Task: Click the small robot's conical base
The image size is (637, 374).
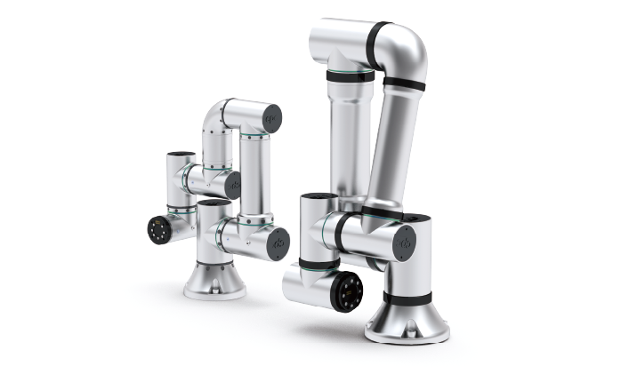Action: coord(214,280)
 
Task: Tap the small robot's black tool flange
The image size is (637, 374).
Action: coord(160,228)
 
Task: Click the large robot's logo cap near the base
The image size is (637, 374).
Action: coord(404,243)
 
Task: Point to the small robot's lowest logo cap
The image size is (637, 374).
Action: coord(278,243)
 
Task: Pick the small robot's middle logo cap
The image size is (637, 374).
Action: coord(233,185)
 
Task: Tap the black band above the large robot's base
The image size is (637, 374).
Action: coord(407,298)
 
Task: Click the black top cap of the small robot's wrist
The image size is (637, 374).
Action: coord(181,155)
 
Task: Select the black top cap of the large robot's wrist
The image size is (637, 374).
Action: coord(318,196)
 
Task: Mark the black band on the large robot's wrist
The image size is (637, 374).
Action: coord(318,264)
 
